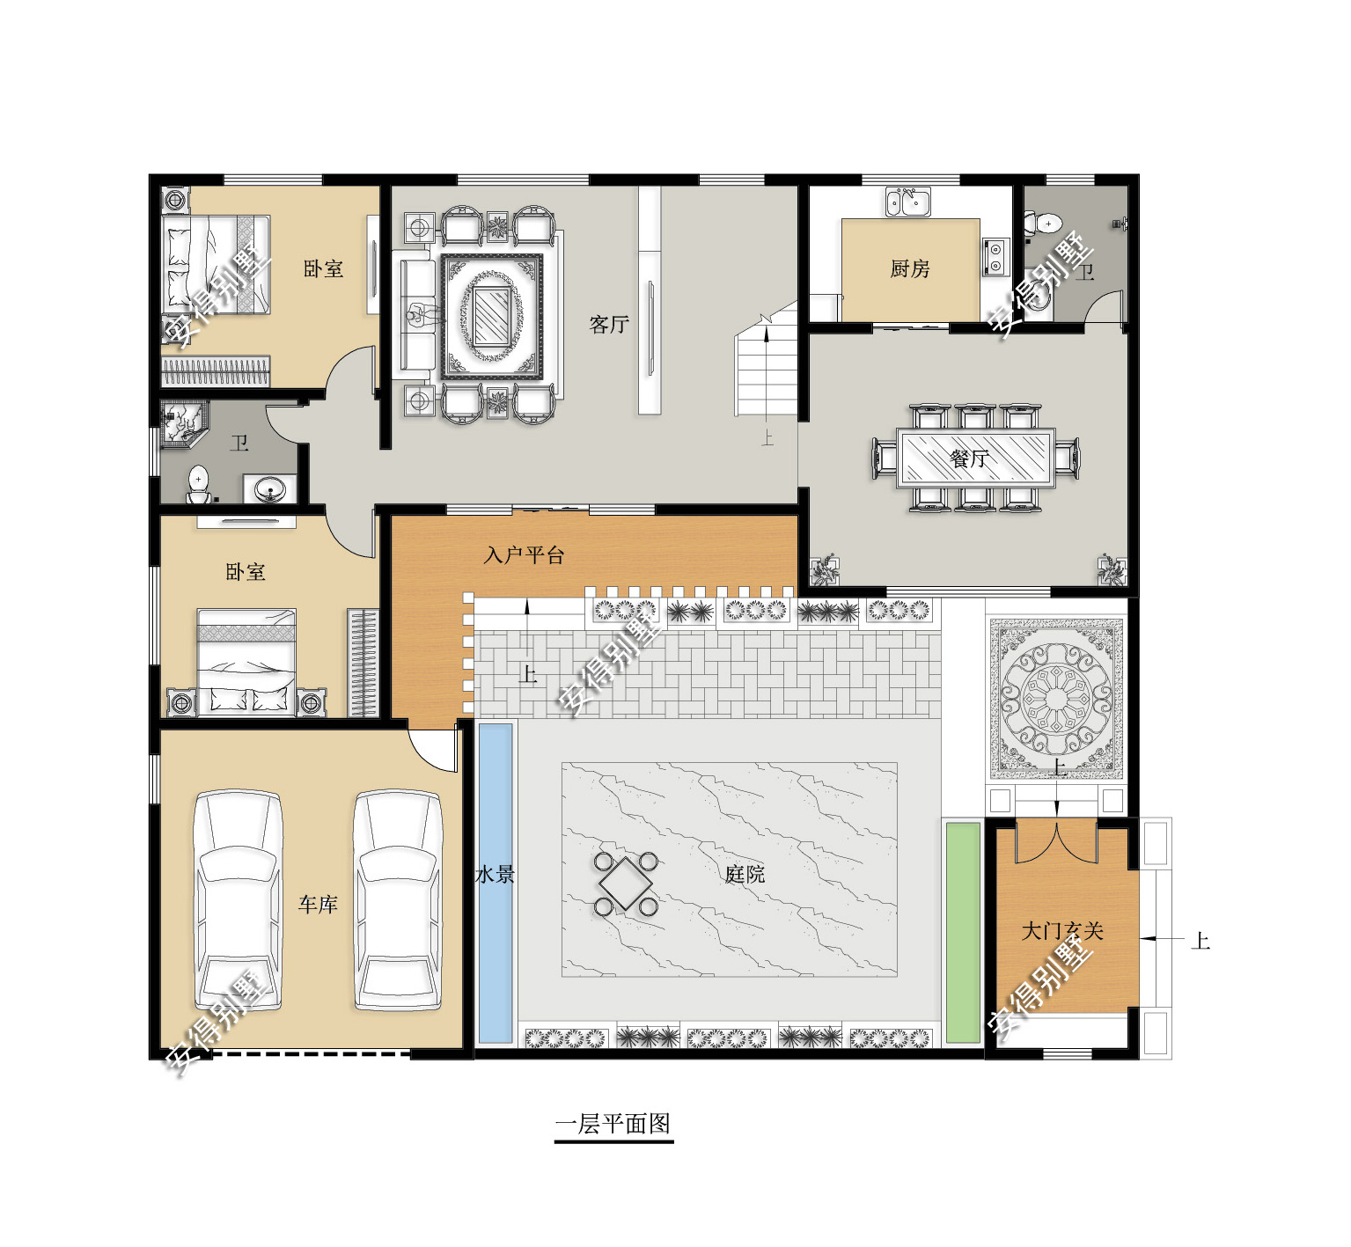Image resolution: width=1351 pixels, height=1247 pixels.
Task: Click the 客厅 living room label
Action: click(x=609, y=325)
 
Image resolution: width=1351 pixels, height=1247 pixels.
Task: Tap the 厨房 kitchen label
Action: click(x=910, y=268)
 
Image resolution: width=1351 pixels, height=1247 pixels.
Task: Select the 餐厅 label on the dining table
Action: click(x=969, y=458)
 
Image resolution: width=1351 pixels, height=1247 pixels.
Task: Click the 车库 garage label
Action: click(x=318, y=905)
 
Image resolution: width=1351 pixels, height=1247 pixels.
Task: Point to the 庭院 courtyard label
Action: click(x=745, y=874)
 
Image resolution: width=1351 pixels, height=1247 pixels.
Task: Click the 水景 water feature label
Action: click(x=495, y=875)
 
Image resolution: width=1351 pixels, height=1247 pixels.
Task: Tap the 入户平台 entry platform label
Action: click(x=524, y=555)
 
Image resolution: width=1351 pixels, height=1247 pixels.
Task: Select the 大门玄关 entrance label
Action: click(x=1062, y=931)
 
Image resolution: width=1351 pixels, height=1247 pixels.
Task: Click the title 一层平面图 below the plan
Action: click(x=613, y=1124)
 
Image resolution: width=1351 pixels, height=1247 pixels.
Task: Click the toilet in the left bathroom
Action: click(x=199, y=484)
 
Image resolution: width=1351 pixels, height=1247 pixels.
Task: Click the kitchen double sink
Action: click(x=908, y=202)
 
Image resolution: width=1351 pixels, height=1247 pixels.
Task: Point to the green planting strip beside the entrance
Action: click(x=963, y=933)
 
